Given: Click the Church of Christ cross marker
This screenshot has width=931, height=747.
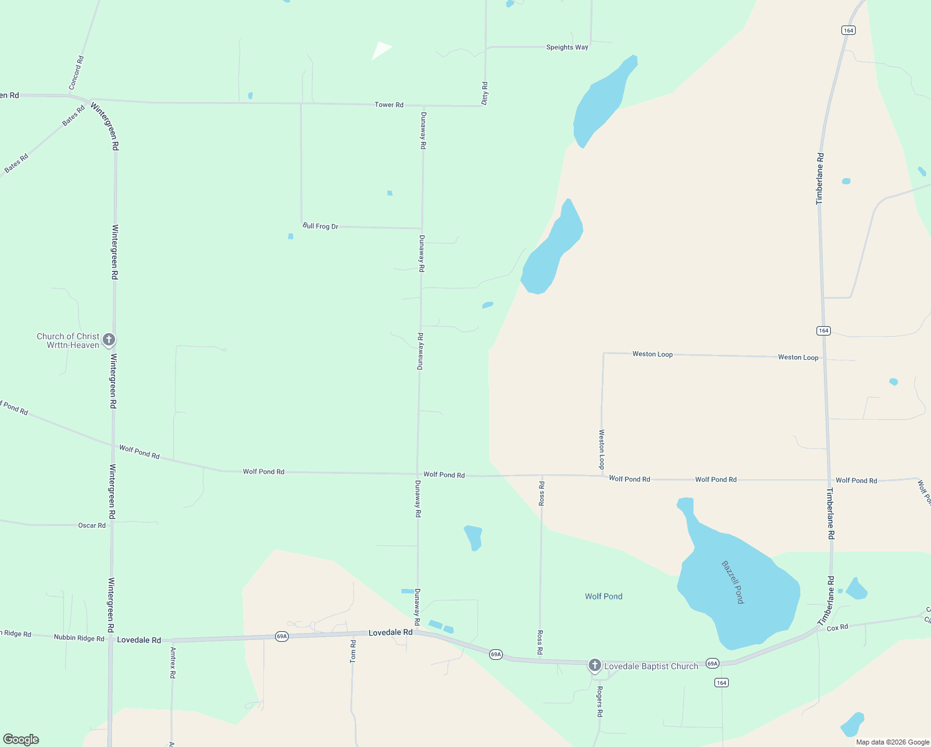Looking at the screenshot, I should click(x=109, y=339).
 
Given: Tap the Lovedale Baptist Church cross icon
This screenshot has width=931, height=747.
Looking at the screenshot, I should click(x=594, y=665).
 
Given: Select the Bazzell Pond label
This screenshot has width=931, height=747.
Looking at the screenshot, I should click(x=732, y=582).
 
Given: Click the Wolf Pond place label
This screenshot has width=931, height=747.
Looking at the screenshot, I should click(x=603, y=596).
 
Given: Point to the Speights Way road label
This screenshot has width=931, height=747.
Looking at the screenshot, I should click(x=567, y=47).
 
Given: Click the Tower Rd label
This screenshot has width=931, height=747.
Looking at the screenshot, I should click(x=389, y=105).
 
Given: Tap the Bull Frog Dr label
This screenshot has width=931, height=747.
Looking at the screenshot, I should click(x=320, y=226).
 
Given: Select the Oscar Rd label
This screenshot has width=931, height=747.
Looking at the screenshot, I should click(x=91, y=525).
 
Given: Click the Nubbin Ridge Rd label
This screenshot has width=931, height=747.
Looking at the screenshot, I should click(x=79, y=638).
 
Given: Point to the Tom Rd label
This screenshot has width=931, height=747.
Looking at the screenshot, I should click(x=353, y=651).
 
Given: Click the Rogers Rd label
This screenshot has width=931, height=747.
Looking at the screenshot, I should click(x=599, y=702).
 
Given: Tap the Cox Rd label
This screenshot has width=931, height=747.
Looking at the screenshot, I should click(x=837, y=627).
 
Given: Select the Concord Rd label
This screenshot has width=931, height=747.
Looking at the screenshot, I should click(x=76, y=73).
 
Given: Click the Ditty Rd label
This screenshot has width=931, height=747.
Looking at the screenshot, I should click(x=485, y=93).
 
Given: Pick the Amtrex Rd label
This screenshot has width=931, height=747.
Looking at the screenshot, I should click(x=173, y=662).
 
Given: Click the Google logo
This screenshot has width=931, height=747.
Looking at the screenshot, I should click(x=21, y=740).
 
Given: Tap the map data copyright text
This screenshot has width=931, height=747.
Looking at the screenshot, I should click(x=892, y=742).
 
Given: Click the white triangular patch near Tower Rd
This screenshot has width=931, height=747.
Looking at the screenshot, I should click(x=381, y=50).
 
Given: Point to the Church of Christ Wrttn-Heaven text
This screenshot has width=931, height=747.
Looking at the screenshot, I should click(x=68, y=341).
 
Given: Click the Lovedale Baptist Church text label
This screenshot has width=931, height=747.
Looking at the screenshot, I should click(x=651, y=666).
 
